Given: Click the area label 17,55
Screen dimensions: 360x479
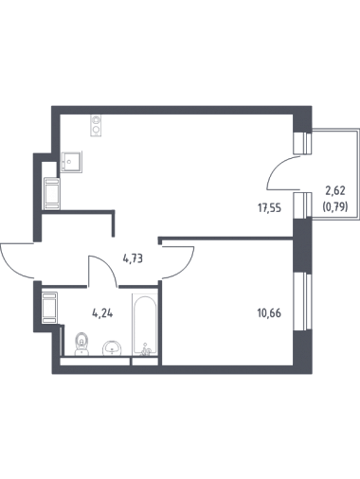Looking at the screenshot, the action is point(269,208).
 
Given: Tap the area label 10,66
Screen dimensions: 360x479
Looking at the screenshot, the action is point(269,313).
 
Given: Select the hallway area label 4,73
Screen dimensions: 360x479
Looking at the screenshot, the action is point(133,258).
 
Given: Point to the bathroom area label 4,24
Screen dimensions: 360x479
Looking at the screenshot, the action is point(102,313).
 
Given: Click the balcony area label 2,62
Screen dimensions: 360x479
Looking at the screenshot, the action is point(335,190).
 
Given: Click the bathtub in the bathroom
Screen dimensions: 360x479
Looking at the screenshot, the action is point(145,325).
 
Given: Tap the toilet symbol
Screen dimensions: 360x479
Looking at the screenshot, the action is point(82,344).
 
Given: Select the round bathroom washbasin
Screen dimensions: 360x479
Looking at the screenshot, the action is point(112,348).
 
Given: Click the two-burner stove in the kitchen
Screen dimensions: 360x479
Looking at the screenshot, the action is point(96,125).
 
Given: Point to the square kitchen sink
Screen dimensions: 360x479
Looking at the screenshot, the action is point(72,162).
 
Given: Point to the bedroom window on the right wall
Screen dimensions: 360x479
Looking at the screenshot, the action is point(301,301).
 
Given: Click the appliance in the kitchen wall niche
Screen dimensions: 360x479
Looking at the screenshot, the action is point(52,193).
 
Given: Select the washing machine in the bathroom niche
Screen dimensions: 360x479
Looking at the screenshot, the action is point(49,308).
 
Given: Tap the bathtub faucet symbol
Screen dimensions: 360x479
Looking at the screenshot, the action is point(146,350).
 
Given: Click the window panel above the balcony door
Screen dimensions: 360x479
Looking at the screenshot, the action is point(302,143).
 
